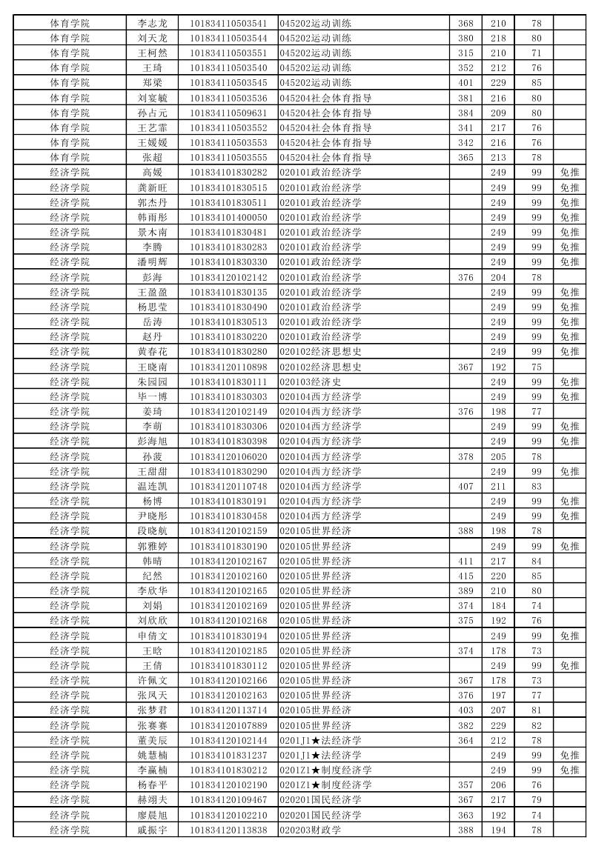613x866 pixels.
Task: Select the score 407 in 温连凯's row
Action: tap(465, 486)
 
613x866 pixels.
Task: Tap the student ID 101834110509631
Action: tap(228, 113)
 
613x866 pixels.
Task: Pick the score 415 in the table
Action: tap(465, 576)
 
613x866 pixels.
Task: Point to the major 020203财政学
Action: tap(310, 830)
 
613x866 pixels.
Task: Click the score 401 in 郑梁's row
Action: tap(465, 82)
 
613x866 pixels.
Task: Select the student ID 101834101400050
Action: tap(228, 217)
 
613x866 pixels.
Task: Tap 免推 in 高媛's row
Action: tap(569, 173)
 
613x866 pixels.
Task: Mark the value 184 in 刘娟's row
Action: tap(498, 605)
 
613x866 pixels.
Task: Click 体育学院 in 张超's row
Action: tap(70, 157)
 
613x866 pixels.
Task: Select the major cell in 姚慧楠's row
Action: tap(320, 755)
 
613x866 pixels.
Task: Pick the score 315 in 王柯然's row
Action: tap(465, 53)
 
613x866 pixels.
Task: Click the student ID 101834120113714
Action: tap(228, 710)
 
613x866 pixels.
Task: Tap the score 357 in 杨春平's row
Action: tap(465, 785)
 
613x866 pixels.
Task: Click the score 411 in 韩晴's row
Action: tap(465, 561)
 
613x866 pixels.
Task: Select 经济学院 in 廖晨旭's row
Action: tap(70, 815)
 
